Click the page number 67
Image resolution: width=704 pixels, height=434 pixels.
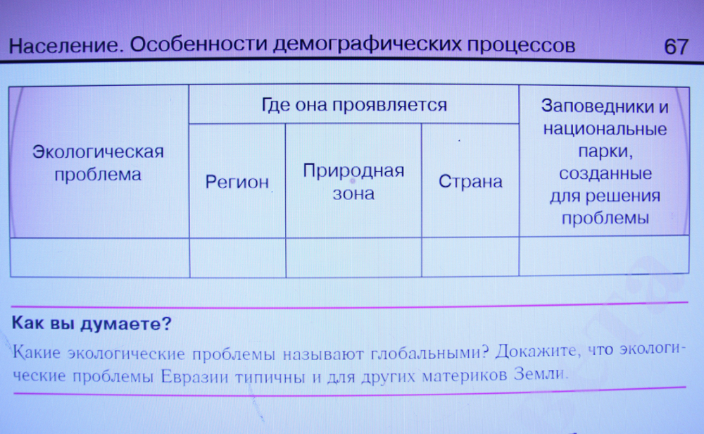click(x=676, y=46)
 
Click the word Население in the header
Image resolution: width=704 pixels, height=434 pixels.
click(x=65, y=45)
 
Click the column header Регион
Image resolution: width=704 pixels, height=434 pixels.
click(x=237, y=182)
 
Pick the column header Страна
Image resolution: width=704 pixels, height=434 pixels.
click(x=470, y=181)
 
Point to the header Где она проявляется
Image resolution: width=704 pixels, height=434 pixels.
click(x=354, y=105)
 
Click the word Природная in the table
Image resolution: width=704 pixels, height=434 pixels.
click(x=353, y=170)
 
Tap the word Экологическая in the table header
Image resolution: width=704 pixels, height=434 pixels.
click(x=98, y=151)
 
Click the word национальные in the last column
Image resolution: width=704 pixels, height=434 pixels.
click(x=605, y=129)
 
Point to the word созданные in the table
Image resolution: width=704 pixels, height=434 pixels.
click(x=605, y=173)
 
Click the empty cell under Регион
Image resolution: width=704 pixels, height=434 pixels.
click(x=237, y=257)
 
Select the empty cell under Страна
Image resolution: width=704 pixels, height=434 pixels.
click(x=470, y=256)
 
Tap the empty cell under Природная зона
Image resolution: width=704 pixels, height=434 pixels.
click(x=353, y=257)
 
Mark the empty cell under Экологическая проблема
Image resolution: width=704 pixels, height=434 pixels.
click(x=100, y=257)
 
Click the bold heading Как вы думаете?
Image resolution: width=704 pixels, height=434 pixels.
click(x=92, y=323)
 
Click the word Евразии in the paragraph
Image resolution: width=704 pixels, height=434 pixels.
click(x=195, y=376)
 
